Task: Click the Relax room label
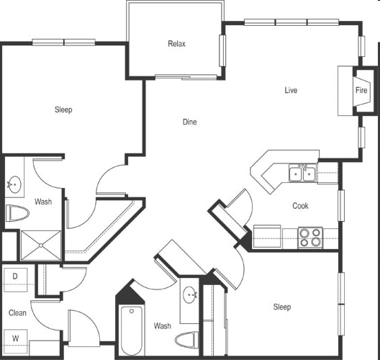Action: coord(176,44)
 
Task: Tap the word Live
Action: coord(291,90)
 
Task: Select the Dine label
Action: coord(189,122)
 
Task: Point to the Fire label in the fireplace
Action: coord(361,90)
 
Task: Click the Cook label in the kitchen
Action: coord(300,206)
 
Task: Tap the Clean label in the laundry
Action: coord(17,312)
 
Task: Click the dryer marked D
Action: coord(16,280)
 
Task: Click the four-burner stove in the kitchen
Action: coord(310,238)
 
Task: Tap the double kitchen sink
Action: coord(302,173)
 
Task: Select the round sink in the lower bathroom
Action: coord(190,294)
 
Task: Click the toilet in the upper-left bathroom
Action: coord(17,213)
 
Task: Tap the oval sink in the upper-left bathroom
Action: coord(14,184)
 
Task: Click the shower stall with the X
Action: coord(41,246)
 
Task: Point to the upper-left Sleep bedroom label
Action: coord(63,109)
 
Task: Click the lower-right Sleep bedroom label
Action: coord(282,307)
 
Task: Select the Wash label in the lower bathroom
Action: coord(163,325)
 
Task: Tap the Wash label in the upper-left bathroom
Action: coord(43,201)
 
